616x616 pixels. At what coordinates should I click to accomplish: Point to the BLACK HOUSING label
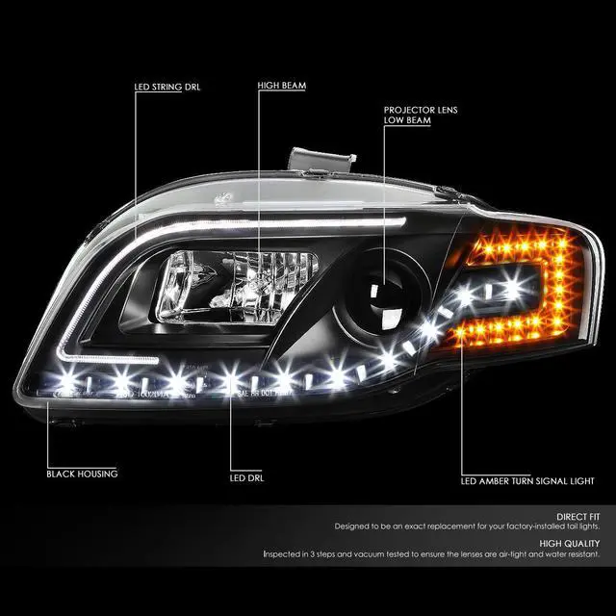[x=82, y=474]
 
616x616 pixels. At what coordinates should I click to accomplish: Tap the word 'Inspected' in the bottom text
[x=285, y=555]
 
